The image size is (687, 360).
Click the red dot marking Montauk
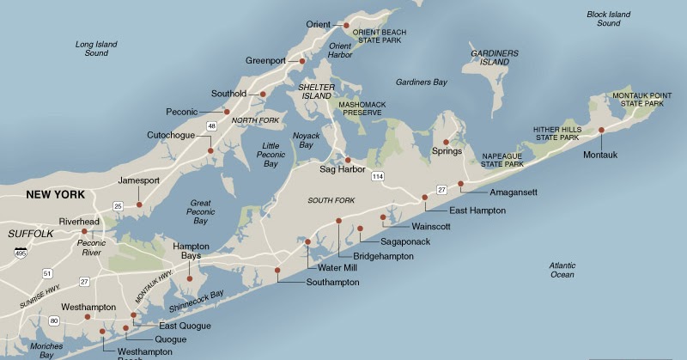[602, 130]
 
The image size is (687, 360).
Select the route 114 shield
[378, 175]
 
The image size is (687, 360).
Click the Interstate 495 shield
[20, 252]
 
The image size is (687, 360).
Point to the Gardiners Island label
[494, 58]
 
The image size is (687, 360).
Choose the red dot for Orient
[346, 25]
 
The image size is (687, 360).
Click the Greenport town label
[270, 61]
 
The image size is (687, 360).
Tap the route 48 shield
[212, 126]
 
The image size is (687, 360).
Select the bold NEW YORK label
[55, 195]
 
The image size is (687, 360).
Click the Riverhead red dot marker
[84, 231]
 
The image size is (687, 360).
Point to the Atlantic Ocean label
[562, 270]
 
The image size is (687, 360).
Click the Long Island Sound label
[97, 48]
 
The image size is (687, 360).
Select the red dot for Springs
[446, 142]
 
